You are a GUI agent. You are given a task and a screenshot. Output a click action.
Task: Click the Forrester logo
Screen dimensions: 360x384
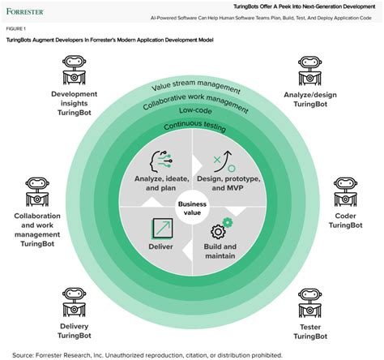pyautogui.click(x=29, y=12)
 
